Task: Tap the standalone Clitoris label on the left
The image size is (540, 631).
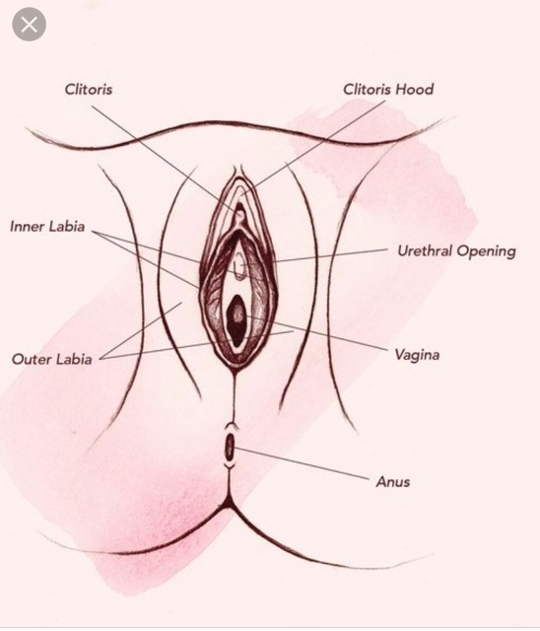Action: coord(89,89)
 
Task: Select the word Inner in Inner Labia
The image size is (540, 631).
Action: coord(27,226)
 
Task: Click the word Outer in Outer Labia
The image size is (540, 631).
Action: coord(31,359)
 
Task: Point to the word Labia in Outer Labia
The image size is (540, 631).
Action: coord(74,359)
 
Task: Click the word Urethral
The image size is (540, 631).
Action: coord(425,250)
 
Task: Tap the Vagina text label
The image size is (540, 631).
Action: coord(417,355)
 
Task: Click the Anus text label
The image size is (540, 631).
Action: coord(393,482)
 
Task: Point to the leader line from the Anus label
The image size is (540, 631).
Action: coord(302,463)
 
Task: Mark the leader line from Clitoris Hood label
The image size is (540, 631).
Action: coord(313,149)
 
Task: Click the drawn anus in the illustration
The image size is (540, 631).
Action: coord(230,447)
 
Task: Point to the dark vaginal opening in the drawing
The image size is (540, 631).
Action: coord(237,319)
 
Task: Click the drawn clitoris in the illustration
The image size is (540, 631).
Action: coord(240,213)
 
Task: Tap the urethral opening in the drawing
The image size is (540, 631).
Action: coord(240,266)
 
